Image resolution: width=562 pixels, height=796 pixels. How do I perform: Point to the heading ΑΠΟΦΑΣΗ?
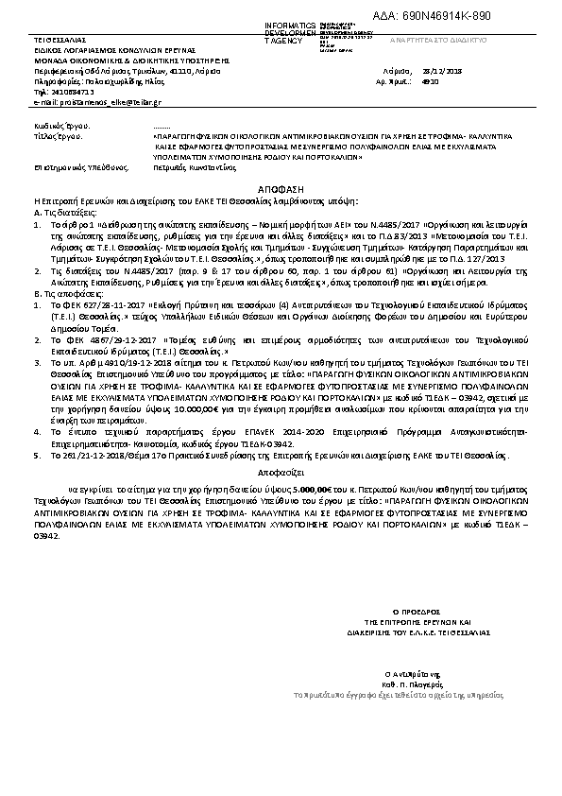click(x=281, y=189)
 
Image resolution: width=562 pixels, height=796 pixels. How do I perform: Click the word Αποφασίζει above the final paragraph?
click(x=281, y=468)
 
